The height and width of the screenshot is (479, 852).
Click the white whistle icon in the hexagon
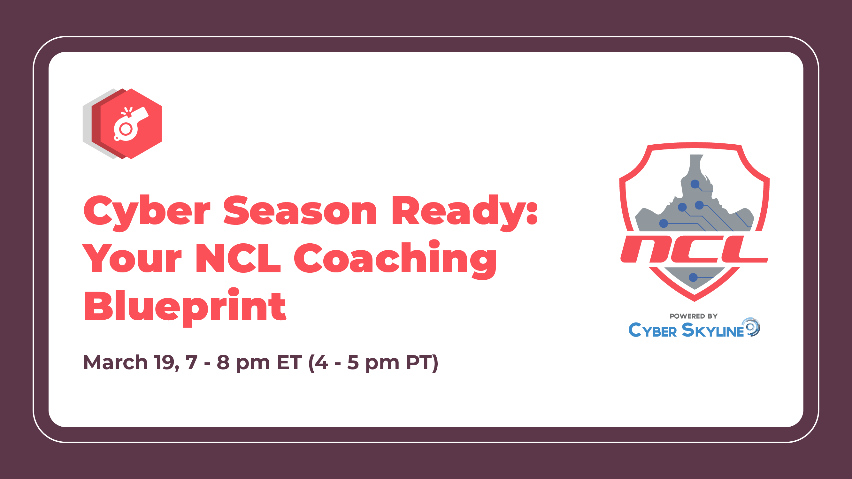[131, 124]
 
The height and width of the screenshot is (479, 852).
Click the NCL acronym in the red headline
[238, 258]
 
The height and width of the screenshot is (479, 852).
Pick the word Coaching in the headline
[395, 259]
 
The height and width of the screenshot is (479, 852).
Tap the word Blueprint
[185, 307]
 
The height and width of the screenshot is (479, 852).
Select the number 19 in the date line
[165, 362]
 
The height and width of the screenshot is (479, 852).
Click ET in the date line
[289, 362]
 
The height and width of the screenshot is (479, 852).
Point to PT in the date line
[419, 362]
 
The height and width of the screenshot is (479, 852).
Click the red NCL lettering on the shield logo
[694, 249]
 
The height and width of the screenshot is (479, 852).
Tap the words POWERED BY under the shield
[694, 316]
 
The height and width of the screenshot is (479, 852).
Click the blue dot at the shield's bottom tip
[693, 278]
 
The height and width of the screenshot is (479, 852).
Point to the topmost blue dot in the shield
[695, 184]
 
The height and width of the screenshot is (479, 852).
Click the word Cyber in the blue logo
[653, 330]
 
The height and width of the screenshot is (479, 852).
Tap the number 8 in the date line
[223, 362]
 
